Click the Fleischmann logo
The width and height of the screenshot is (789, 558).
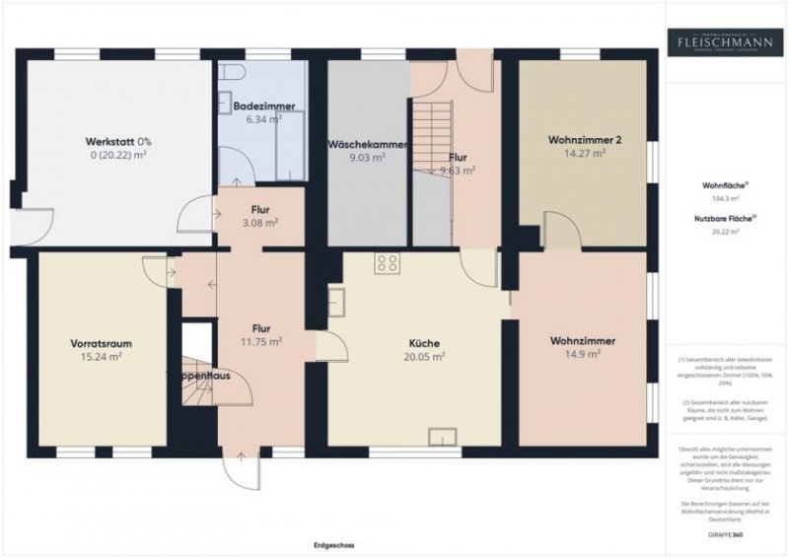[725, 41]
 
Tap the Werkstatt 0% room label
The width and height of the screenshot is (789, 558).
[118, 141]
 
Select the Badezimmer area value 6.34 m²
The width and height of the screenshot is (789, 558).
[263, 118]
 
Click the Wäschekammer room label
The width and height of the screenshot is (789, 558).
[367, 144]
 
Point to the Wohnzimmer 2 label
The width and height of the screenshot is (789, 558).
[584, 140]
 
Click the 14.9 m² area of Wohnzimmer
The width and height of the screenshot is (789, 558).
[583, 354]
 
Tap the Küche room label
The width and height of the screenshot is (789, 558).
[425, 344]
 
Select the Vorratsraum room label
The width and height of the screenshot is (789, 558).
[102, 343]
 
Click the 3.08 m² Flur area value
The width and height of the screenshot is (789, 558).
[261, 223]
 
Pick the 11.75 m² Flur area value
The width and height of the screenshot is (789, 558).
[261, 341]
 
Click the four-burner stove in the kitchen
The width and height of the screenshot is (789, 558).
[387, 263]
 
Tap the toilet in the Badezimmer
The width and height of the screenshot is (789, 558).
[231, 73]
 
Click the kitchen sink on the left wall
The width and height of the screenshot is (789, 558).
[336, 300]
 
